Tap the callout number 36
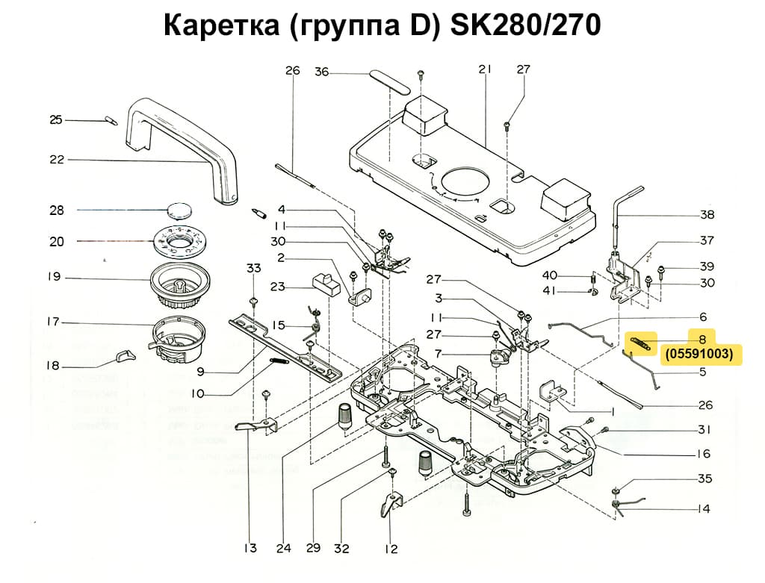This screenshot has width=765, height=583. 321,72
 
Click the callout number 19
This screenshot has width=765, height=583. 53,277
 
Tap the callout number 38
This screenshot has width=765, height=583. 707,215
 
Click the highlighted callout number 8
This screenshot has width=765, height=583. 702,337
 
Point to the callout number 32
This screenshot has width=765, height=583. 341,549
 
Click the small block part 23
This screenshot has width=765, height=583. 323,282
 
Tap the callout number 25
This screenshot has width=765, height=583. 55,119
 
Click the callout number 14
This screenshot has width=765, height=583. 704,509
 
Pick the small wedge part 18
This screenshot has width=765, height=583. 126,355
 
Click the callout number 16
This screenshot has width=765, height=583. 704,454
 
